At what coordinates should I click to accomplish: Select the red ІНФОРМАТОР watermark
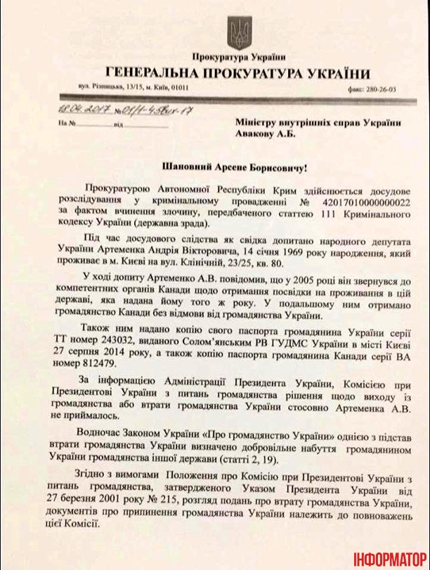[391, 556]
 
